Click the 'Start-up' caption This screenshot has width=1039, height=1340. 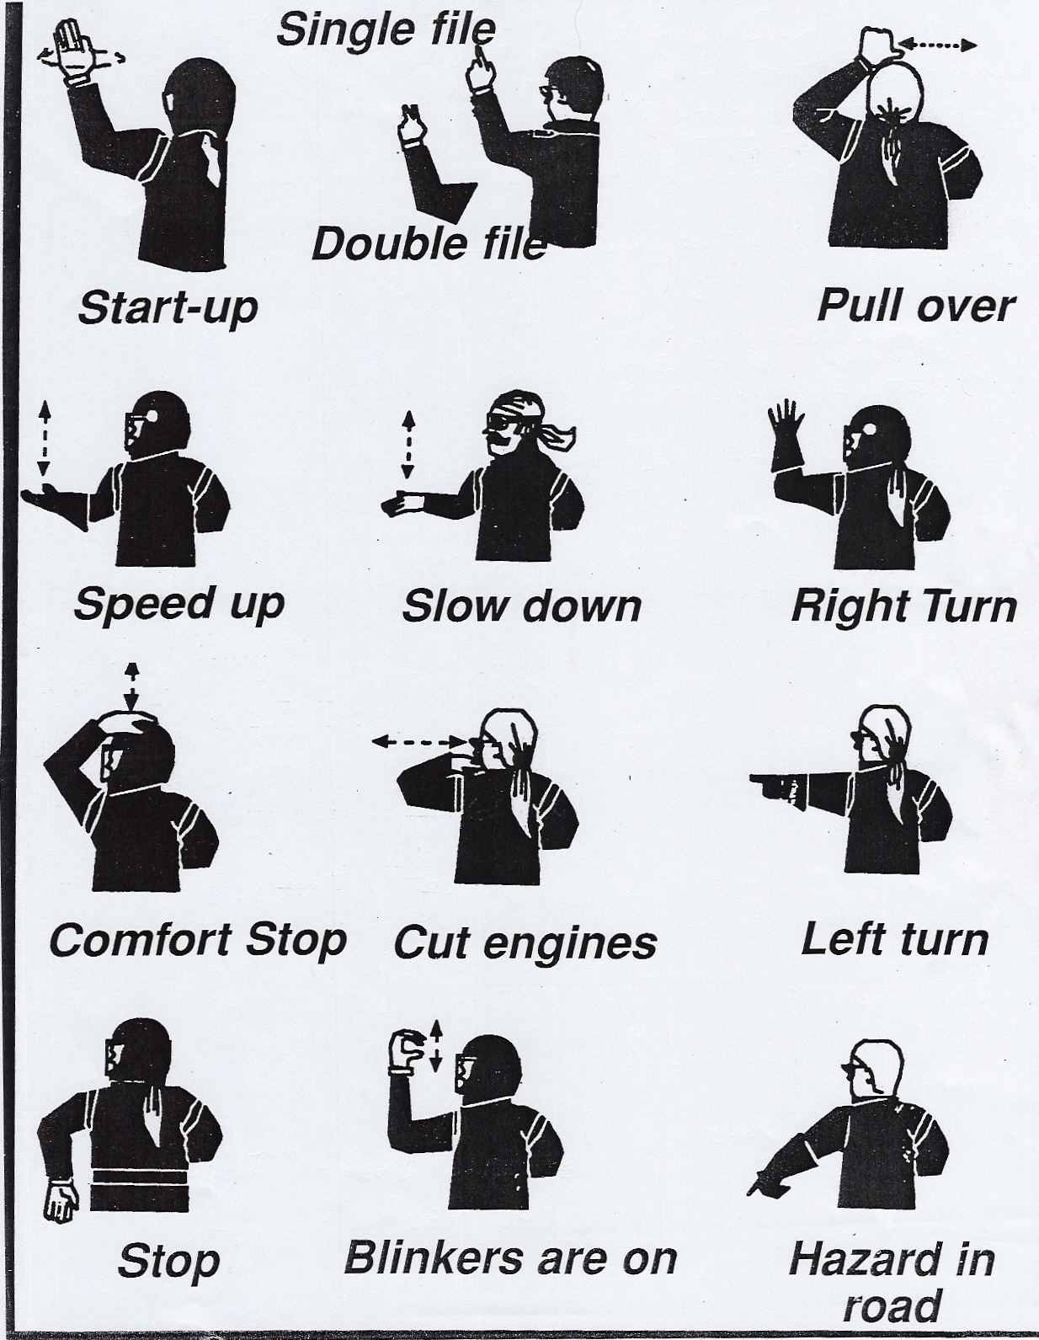coord(168,310)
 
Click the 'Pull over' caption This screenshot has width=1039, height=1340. coord(915,306)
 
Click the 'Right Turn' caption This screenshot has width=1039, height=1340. coord(904,606)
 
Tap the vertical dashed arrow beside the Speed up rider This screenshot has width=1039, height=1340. coord(43,439)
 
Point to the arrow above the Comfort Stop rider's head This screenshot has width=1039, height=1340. coord(130,688)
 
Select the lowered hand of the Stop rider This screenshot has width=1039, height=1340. coord(61,1199)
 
